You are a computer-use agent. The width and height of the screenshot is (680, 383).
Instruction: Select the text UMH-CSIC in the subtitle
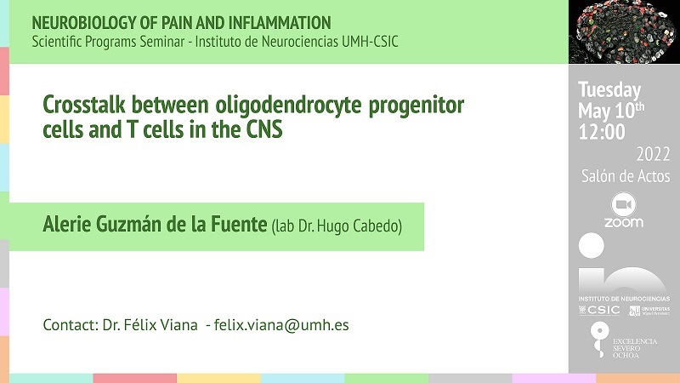370,42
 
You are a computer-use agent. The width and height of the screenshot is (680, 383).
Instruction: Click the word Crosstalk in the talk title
84,105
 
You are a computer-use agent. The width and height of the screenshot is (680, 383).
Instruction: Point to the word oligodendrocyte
288,106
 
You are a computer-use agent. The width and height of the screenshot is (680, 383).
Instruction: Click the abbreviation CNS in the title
264,129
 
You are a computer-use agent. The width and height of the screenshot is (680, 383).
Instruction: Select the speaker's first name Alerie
67,224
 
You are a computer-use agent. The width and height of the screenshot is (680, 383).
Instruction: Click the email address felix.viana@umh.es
281,325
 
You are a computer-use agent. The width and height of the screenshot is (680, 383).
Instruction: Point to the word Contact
71,325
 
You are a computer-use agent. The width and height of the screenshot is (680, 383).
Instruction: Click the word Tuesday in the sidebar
609,90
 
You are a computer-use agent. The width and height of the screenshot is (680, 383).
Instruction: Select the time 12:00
602,132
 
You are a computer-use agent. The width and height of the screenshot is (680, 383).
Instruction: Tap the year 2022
653,154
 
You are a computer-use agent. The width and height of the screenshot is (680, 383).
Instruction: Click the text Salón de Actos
626,176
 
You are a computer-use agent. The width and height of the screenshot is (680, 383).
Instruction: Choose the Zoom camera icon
624,204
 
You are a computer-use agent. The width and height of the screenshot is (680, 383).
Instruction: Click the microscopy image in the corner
624,31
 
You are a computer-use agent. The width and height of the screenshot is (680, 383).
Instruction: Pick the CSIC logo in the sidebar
600,310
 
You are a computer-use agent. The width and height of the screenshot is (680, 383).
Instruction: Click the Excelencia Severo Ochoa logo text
634,348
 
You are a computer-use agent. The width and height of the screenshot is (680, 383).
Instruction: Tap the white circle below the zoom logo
591,245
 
